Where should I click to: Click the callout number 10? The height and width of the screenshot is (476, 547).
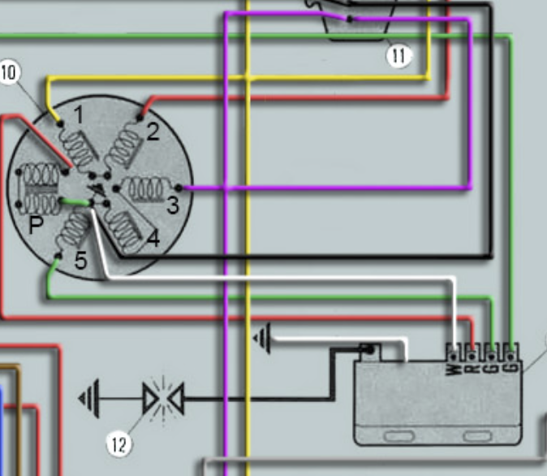9,71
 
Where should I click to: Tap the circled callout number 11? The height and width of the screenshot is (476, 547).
399,55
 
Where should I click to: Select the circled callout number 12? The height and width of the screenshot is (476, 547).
118,444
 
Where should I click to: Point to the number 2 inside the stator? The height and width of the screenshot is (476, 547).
152,132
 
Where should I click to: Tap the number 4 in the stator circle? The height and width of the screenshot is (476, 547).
153,239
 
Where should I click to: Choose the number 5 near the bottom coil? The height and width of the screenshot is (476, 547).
80,262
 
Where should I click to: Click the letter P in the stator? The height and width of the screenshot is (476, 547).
36,226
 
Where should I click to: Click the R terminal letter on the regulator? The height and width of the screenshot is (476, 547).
471,370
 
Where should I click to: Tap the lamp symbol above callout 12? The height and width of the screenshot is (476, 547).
162,399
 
